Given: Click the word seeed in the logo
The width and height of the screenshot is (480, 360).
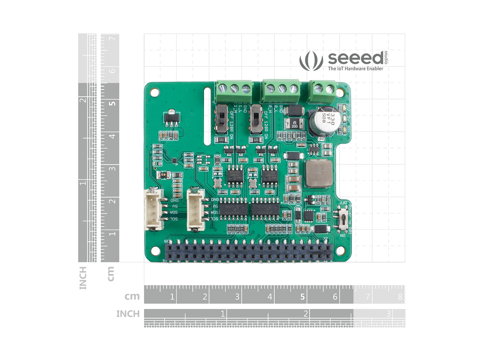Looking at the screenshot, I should point(356,58).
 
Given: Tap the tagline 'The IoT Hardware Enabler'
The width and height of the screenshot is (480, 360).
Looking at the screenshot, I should point(356,69).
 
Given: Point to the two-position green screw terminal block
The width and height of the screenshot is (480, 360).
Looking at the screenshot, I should point(322,91).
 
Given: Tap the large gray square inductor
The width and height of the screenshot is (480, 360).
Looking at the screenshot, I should point(319,173).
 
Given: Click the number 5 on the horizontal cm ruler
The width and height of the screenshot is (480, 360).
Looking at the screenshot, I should point(302,297).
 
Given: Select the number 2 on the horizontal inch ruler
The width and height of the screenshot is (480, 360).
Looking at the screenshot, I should point(305,314).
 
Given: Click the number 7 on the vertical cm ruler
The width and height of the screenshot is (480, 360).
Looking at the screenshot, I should point(112,39).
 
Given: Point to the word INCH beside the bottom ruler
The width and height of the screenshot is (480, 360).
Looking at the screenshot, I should point(128,314).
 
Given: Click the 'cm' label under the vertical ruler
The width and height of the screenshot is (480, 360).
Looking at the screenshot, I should point(110,274).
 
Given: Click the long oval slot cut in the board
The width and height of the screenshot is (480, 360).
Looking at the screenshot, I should point(207,117).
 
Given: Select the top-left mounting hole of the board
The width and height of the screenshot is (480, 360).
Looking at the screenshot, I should point(155,93).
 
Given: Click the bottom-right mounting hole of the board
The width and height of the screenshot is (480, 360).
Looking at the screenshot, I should point(340,251).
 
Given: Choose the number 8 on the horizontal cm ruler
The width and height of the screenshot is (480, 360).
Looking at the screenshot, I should point(400,297).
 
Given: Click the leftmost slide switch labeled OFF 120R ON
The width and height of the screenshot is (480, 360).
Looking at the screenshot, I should point(222,120).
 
